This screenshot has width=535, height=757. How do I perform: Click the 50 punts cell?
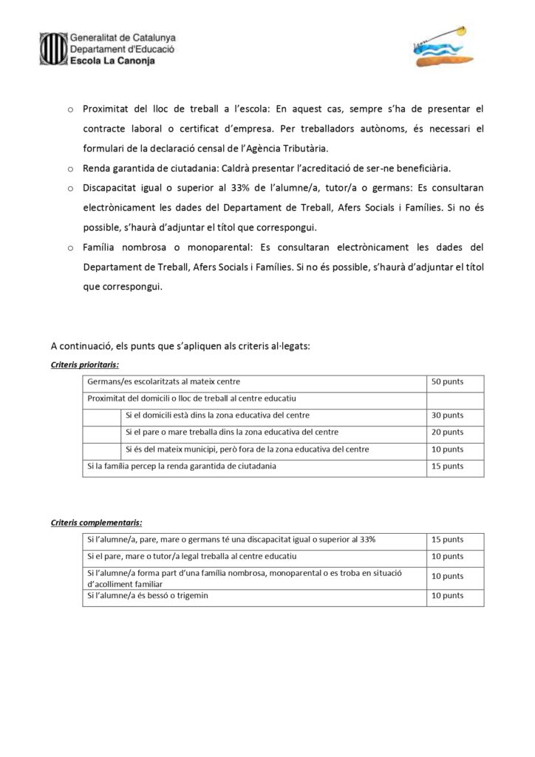click(446, 383)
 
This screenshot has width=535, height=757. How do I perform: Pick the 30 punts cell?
click(446, 415)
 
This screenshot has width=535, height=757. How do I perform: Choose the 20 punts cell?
click(446, 432)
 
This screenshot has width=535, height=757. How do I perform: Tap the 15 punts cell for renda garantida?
click(446, 466)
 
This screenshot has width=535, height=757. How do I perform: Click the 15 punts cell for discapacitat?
click(446, 540)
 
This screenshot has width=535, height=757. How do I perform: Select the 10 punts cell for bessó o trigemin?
click(446, 595)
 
